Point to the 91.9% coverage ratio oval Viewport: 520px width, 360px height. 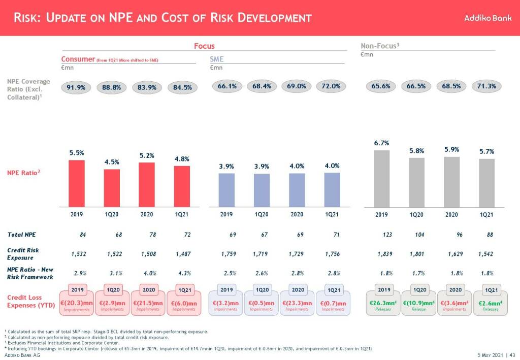click(x=76, y=87)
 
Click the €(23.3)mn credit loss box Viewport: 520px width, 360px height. click(x=297, y=304)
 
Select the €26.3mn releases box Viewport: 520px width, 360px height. click(x=382, y=304)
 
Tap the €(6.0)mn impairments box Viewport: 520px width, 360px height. click(x=182, y=304)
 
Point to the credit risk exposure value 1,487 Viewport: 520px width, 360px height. click(x=182, y=253)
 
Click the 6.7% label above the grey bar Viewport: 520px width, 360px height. click(x=381, y=144)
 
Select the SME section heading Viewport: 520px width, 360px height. click(x=217, y=59)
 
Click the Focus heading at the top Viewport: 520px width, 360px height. click(x=204, y=46)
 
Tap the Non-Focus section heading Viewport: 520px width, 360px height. click(x=380, y=46)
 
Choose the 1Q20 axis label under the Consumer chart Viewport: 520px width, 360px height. click(x=112, y=214)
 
